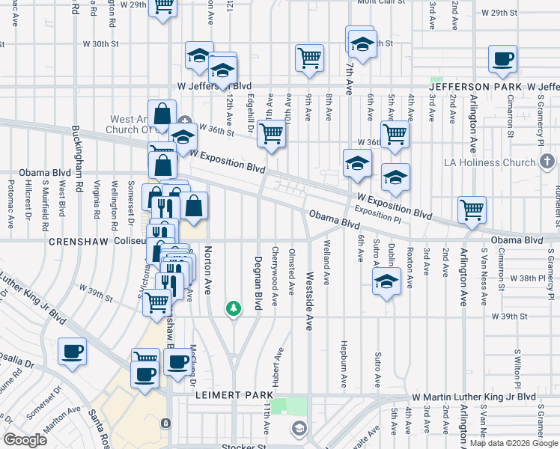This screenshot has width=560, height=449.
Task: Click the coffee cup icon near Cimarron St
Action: (x=502, y=59)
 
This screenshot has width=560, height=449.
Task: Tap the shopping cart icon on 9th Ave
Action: (x=309, y=58)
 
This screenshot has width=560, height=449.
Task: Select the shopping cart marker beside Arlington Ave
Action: (x=472, y=210)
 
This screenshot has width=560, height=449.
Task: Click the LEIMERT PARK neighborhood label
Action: (x=228, y=395)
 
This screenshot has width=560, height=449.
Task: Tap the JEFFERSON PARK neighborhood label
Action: (x=475, y=87)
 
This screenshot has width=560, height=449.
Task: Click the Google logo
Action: (x=25, y=440)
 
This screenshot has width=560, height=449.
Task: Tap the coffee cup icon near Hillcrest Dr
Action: (x=73, y=352)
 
